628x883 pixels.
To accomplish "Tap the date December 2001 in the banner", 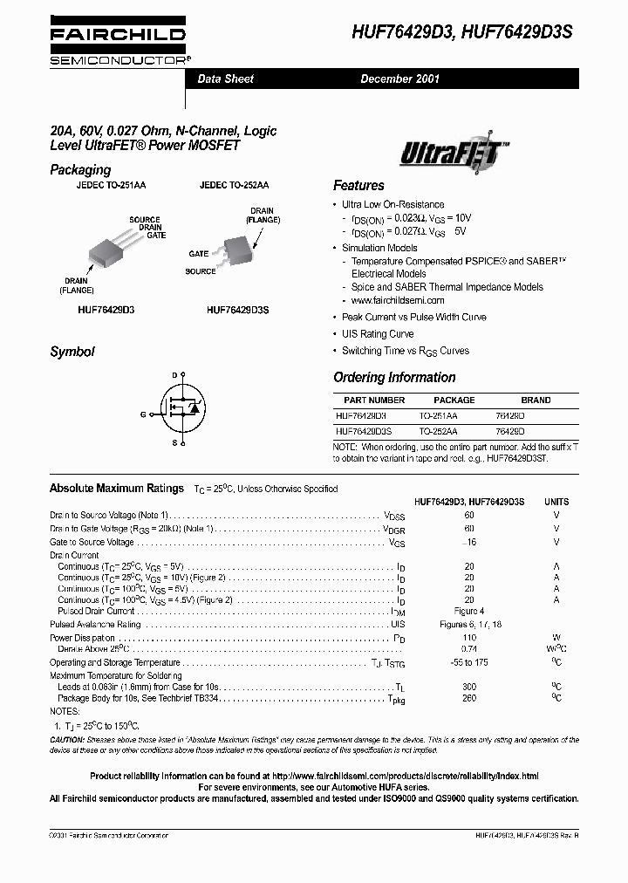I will [400, 79].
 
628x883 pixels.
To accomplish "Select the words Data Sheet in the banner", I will [226, 79].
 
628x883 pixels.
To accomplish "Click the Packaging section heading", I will [80, 169].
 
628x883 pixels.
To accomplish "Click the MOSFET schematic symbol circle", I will [183, 408].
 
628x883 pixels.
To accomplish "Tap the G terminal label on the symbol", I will [142, 414].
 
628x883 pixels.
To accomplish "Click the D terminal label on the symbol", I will [174, 374].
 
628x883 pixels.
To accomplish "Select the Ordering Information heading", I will [394, 378].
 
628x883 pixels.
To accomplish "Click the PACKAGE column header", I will [454, 400].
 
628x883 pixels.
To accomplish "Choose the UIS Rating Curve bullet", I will [378, 334].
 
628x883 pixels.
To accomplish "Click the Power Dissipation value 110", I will [469, 638].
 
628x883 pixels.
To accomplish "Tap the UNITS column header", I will [556, 502].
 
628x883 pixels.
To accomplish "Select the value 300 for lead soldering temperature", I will [469, 688].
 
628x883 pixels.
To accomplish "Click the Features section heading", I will [358, 186].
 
